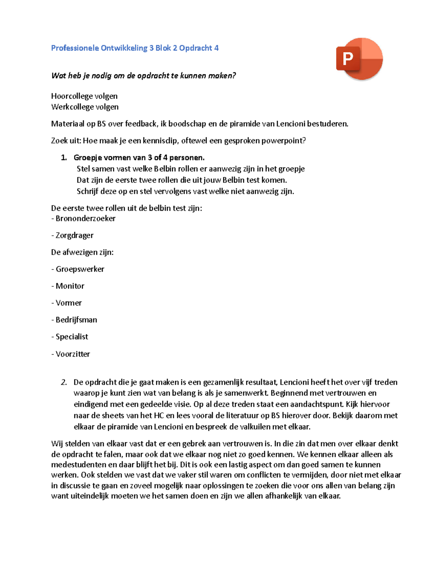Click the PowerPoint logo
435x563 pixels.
[360, 59]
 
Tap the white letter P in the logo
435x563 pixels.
[348, 58]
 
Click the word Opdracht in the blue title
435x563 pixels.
[195, 48]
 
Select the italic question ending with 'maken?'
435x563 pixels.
[144, 75]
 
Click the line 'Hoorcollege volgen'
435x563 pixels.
[84, 96]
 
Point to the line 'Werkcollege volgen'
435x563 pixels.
[85, 107]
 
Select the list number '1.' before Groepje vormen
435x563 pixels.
[64, 158]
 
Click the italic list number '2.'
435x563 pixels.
[64, 382]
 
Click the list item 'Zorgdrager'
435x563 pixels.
[74, 235]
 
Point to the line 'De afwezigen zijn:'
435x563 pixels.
[82, 252]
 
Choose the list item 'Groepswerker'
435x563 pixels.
[80, 269]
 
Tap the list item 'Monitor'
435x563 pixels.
[70, 286]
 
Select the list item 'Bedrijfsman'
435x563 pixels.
[76, 320]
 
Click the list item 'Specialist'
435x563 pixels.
[72, 337]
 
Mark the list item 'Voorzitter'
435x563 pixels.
[72, 354]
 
